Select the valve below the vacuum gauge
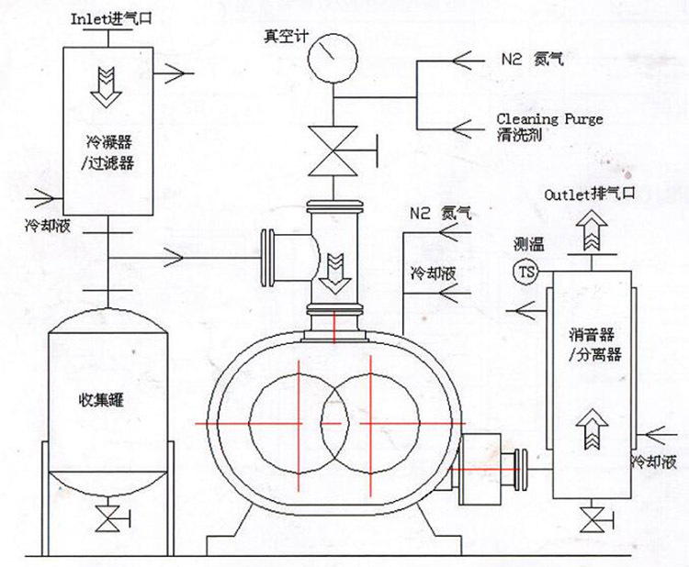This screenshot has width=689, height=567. tap(333, 150)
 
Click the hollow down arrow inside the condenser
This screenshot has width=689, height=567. tap(107, 84)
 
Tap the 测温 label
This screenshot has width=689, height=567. tap(529, 245)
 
